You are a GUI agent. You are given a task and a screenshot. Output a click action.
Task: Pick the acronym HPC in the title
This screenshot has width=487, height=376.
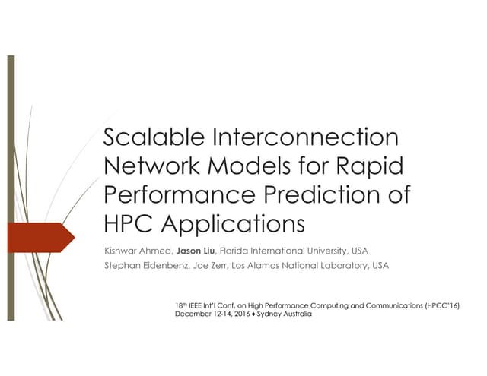125,223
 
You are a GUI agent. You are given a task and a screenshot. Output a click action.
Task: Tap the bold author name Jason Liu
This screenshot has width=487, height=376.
196,251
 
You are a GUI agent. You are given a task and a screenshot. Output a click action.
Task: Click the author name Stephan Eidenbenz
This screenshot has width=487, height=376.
142,266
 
